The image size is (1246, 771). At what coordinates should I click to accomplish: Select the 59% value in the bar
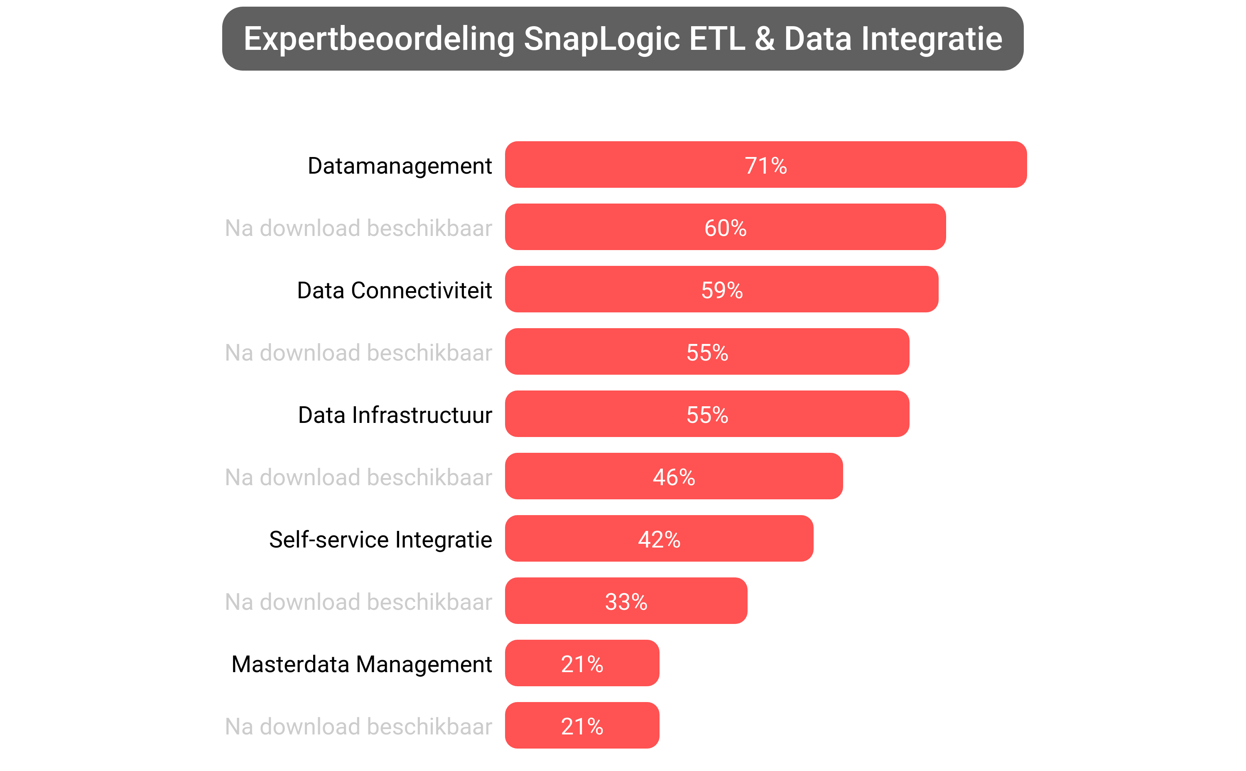tap(721, 290)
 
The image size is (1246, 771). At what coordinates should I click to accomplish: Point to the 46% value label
tap(674, 477)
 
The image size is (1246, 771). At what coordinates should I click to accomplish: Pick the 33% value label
tap(625, 601)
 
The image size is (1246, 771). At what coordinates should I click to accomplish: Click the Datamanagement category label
tap(400, 165)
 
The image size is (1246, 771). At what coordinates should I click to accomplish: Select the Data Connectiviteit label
tap(394, 290)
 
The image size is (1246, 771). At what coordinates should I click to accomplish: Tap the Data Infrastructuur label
tap(395, 415)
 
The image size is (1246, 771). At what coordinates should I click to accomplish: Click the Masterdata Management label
tap(361, 663)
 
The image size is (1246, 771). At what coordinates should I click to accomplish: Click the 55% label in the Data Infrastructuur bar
tap(706, 415)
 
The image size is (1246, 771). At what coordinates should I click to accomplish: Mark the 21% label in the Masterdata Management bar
tap(582, 663)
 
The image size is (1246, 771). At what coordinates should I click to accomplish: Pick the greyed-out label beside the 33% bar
tap(358, 601)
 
